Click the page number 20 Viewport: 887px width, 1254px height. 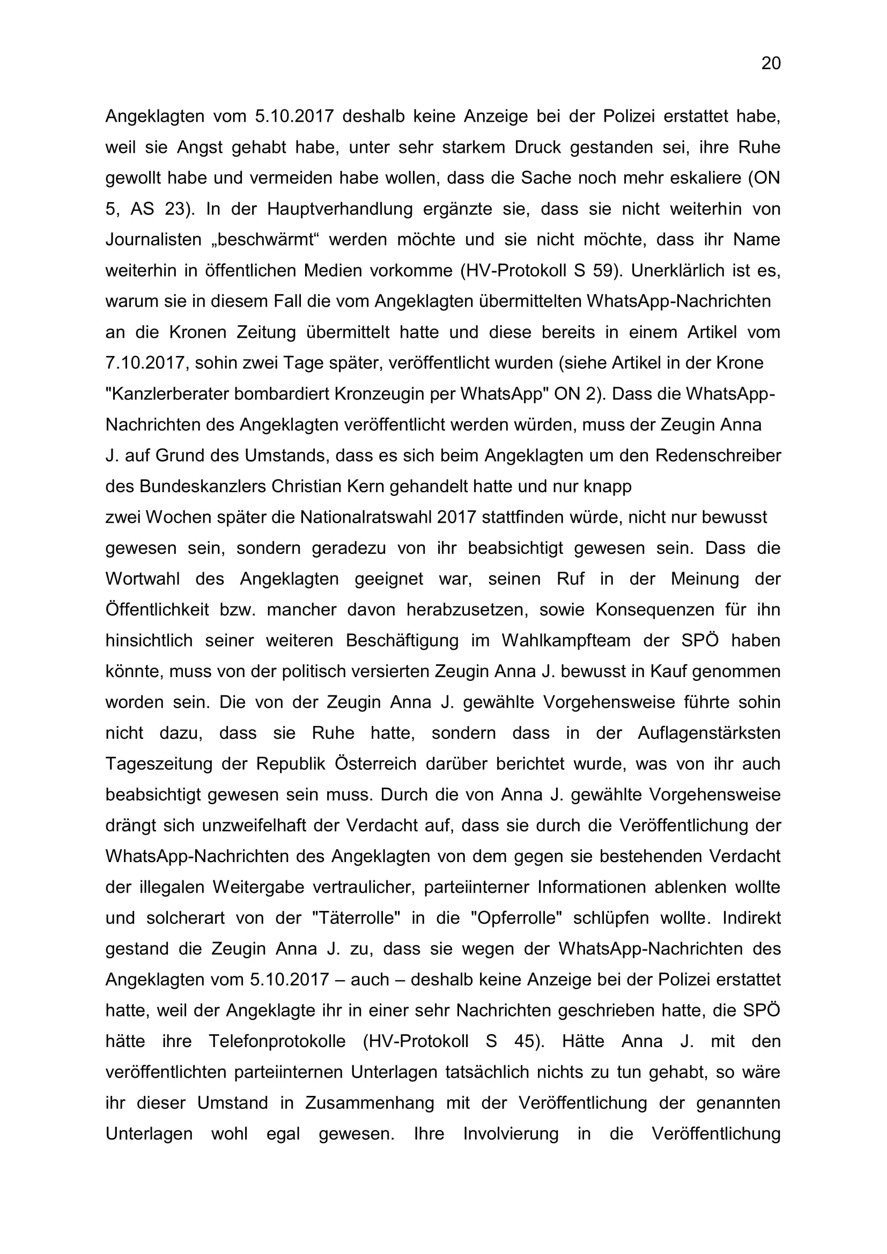pyautogui.click(x=771, y=64)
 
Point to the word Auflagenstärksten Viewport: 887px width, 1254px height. pyautogui.click(x=709, y=733)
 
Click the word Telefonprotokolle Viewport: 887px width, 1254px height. pyautogui.click(x=277, y=1042)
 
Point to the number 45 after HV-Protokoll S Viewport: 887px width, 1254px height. pyautogui.click(x=525, y=1042)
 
